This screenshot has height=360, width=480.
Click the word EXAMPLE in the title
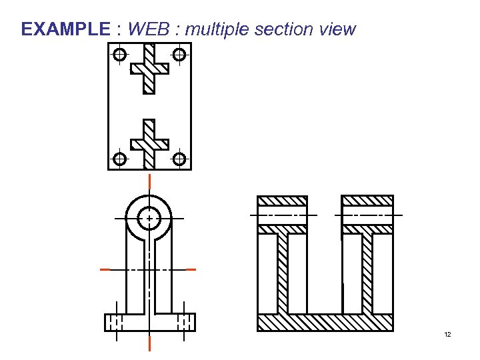(x=65, y=29)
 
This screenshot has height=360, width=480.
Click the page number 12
(x=447, y=334)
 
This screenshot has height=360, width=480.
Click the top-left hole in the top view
(x=119, y=55)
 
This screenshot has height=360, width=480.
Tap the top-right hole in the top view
(x=179, y=55)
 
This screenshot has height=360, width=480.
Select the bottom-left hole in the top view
(x=119, y=159)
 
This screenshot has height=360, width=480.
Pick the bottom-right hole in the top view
(x=179, y=159)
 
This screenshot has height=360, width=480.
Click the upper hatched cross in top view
(x=149, y=68)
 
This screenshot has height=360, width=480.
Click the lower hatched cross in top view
(x=149, y=144)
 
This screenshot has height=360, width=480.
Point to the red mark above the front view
(x=149, y=181)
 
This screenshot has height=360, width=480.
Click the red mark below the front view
(x=149, y=343)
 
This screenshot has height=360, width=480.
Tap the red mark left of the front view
(x=105, y=269)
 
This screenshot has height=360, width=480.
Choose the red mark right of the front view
(x=191, y=269)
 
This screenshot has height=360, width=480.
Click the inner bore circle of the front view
(x=149, y=218)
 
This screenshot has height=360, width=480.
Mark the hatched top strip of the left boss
(x=283, y=201)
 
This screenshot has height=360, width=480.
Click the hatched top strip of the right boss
(x=367, y=200)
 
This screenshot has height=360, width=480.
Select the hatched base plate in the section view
(x=325, y=322)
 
